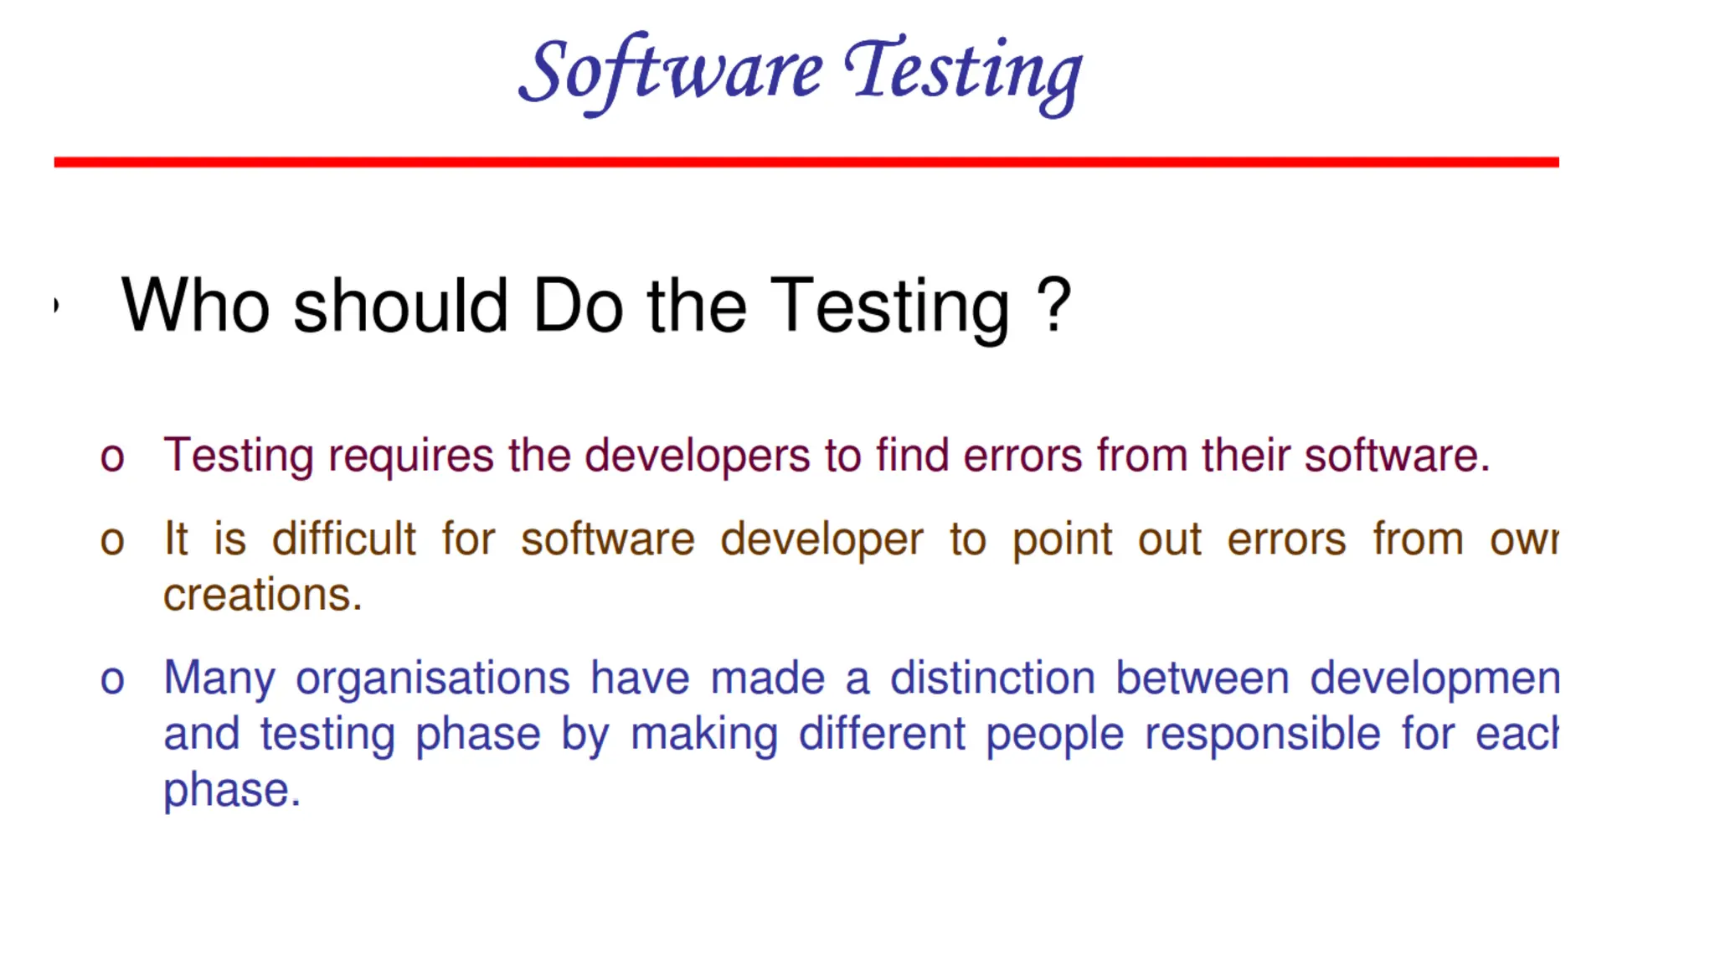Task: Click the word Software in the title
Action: (x=670, y=72)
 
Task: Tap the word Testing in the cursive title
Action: (x=963, y=72)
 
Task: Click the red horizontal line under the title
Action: (x=806, y=162)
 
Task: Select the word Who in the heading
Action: (x=195, y=306)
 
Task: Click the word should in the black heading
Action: (x=400, y=306)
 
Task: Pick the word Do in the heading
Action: (x=578, y=306)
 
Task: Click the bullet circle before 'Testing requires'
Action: (x=112, y=458)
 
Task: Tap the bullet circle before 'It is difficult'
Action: (x=112, y=541)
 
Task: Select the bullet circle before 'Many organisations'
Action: (x=112, y=679)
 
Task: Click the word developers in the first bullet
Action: (x=697, y=457)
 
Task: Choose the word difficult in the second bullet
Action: (x=343, y=539)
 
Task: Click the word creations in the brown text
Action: (x=262, y=596)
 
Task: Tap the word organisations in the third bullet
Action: (x=432, y=678)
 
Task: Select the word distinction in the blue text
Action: (x=992, y=678)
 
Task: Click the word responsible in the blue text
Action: (x=1262, y=735)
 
